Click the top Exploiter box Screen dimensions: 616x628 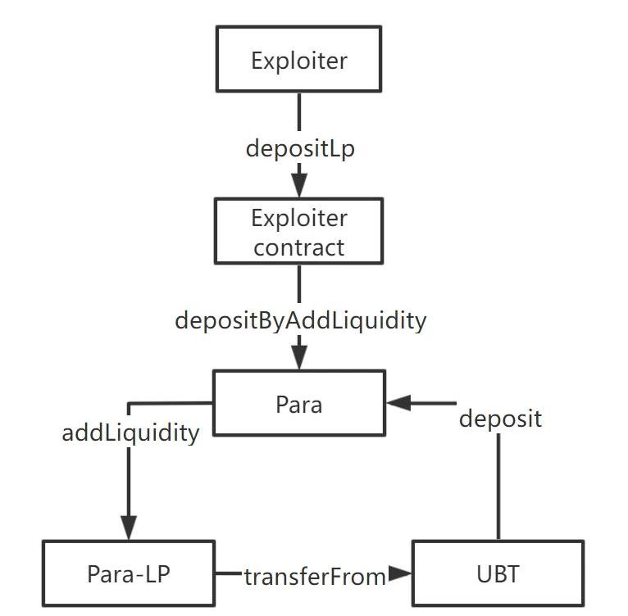click(x=299, y=59)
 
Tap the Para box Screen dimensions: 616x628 click(x=299, y=403)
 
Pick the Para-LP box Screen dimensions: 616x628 click(x=129, y=573)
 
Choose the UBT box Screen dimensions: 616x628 click(x=498, y=573)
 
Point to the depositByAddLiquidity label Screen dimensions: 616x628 click(x=300, y=319)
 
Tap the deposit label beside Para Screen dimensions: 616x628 click(x=500, y=419)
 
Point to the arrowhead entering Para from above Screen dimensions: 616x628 click(x=299, y=357)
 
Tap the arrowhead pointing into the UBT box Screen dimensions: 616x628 click(x=400, y=575)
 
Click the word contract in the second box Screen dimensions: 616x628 click(x=299, y=247)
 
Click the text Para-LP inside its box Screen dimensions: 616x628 click(x=129, y=573)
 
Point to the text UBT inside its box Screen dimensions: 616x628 click(x=498, y=573)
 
